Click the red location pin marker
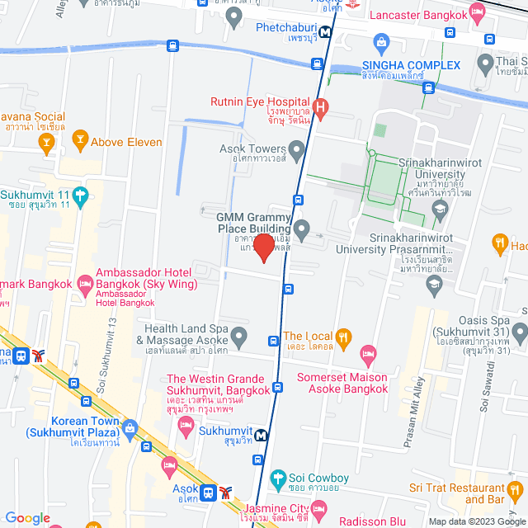[x=263, y=247]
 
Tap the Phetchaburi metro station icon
[x=327, y=33]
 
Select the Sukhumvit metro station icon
[x=261, y=436]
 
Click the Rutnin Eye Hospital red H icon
[x=321, y=106]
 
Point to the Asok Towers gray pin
[x=297, y=149]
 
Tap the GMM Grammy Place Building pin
[x=302, y=229]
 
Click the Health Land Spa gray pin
[x=239, y=336]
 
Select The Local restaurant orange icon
[x=344, y=336]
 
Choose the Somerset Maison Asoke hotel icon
[x=370, y=355]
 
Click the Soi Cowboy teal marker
[x=278, y=478]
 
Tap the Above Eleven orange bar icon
[x=80, y=141]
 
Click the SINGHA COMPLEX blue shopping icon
[x=380, y=41]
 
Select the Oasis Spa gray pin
[x=519, y=334]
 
